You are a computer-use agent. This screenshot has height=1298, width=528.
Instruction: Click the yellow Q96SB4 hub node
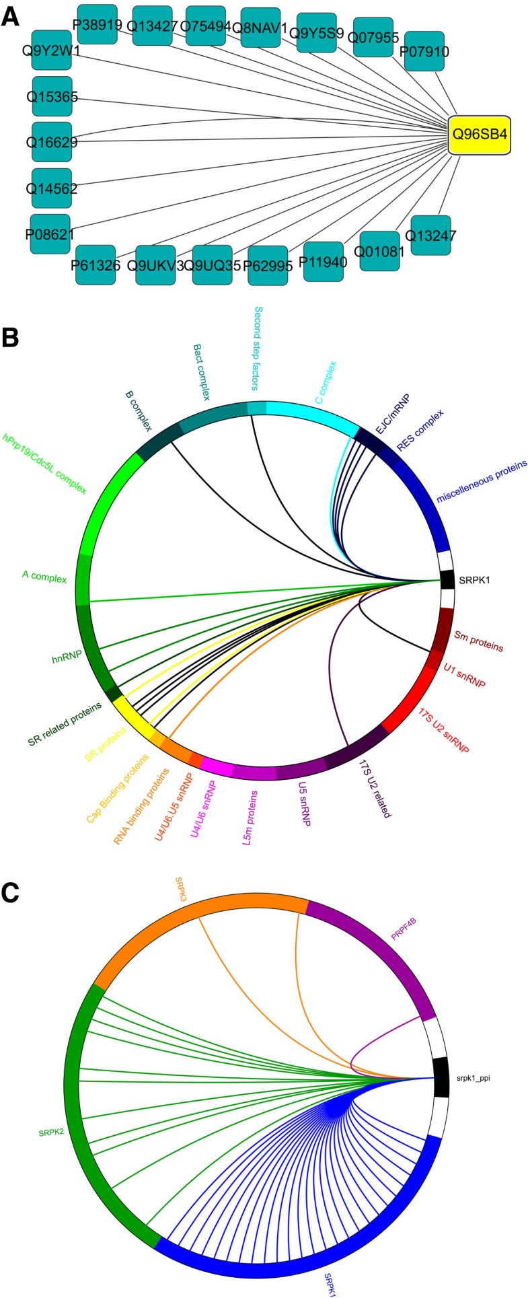pos(479,135)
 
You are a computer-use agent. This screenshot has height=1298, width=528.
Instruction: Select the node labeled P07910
pos(424,51)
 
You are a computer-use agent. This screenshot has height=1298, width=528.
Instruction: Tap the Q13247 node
pos(430,236)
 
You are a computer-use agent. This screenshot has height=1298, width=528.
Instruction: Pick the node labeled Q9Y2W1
pos(50,49)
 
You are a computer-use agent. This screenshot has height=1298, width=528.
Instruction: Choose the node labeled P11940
pos(323,261)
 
